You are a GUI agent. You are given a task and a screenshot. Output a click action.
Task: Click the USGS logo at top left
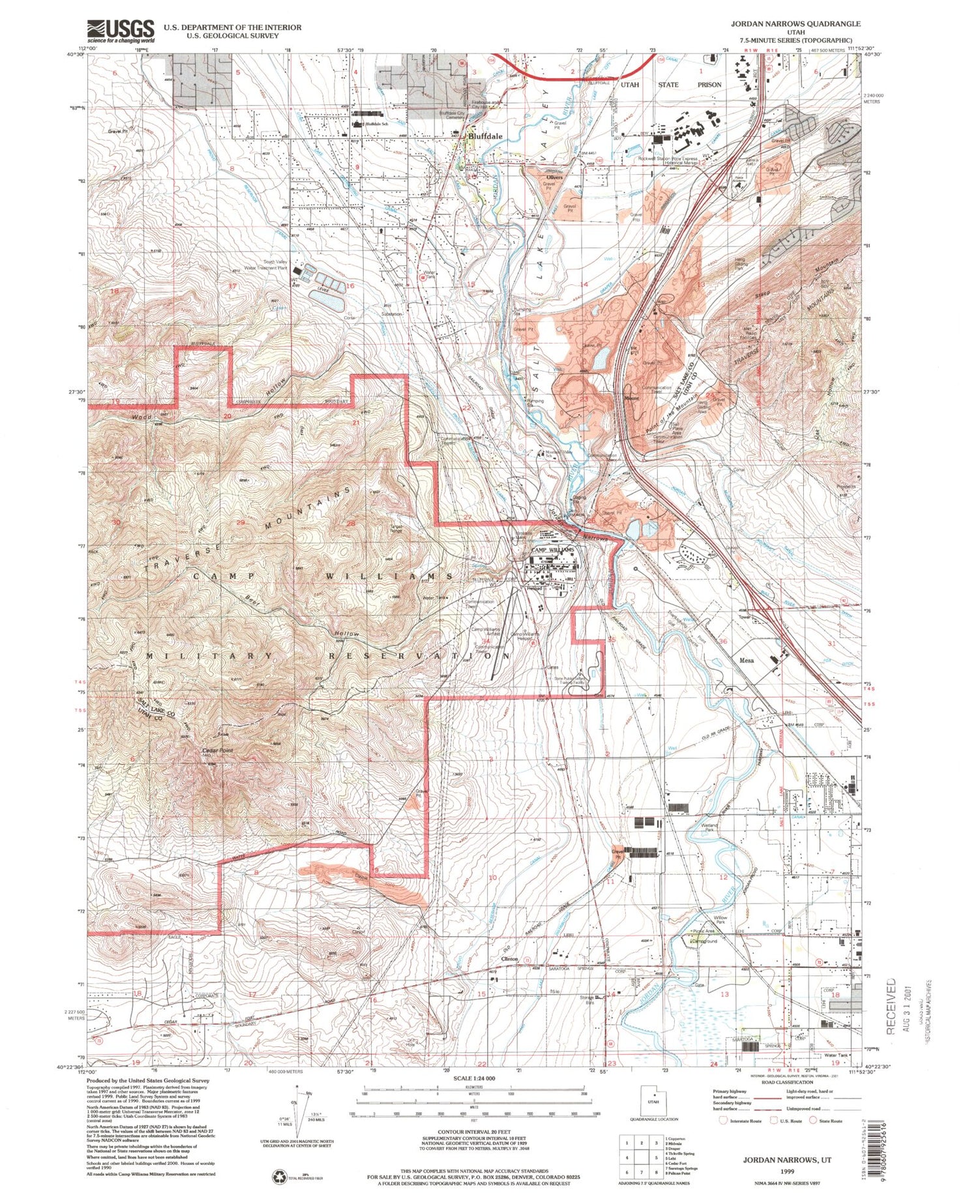[x=121, y=30]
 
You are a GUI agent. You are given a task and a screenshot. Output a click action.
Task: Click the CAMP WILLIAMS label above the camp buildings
[x=553, y=550]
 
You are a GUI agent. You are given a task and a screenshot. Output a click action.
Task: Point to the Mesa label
[x=747, y=660]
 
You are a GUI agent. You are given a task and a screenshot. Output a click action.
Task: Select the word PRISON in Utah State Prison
[x=709, y=85]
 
